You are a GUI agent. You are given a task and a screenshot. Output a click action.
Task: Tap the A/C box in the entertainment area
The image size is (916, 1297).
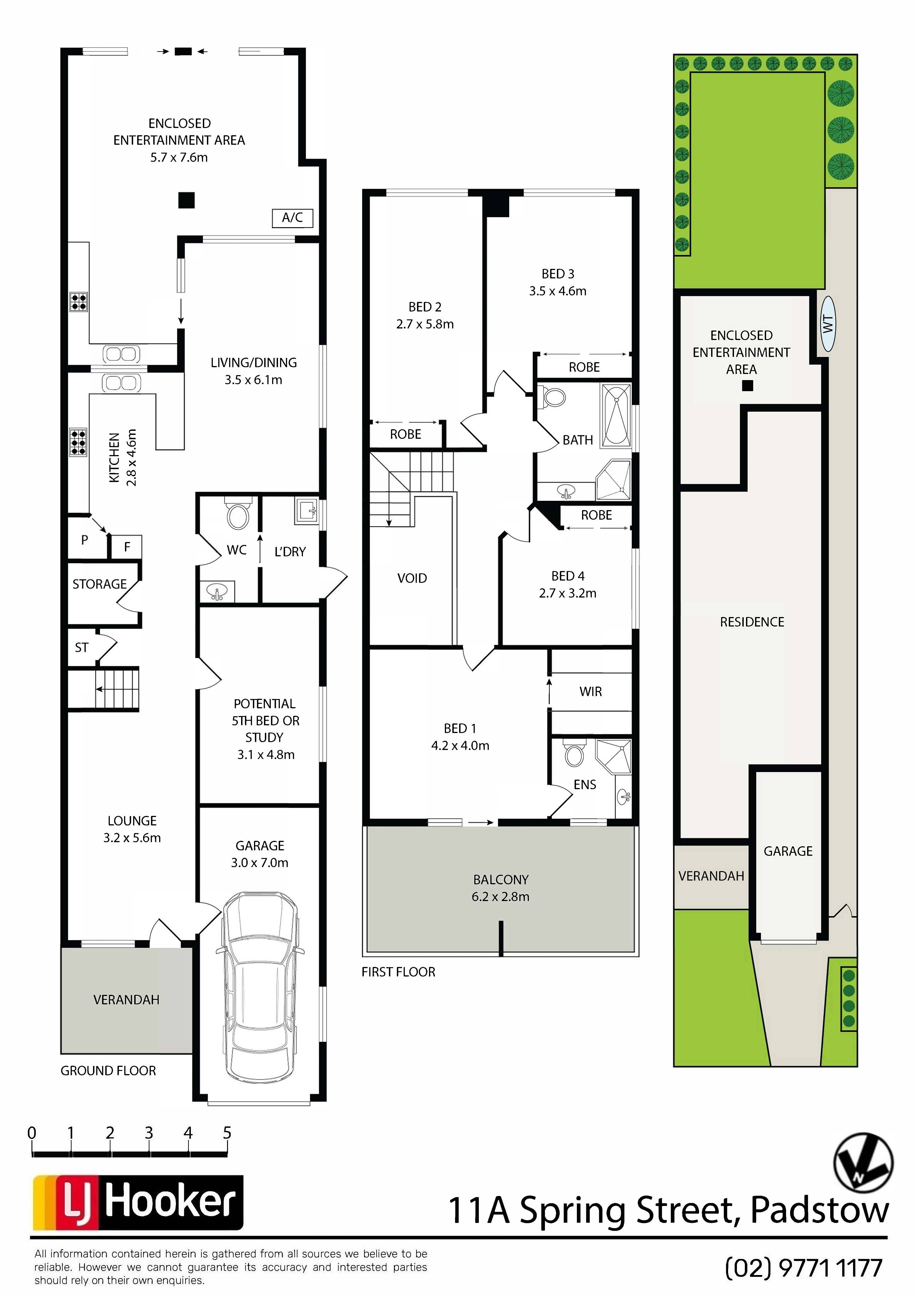point(293,217)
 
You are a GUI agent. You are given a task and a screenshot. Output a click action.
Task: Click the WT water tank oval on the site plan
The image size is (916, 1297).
point(828,324)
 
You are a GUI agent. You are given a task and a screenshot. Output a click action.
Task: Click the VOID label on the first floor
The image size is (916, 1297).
point(412,578)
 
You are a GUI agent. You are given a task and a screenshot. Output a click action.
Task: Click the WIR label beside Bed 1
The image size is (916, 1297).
point(591,692)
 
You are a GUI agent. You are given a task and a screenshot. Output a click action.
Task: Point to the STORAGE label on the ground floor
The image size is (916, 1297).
point(99,584)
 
